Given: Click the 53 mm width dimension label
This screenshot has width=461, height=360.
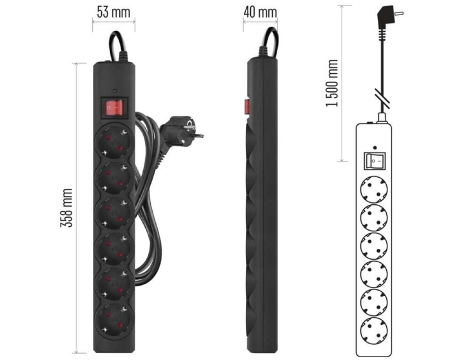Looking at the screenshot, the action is (x=113, y=12).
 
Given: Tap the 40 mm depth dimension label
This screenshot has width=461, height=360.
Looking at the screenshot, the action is (x=260, y=12).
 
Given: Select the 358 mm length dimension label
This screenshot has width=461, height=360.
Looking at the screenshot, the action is (x=67, y=208).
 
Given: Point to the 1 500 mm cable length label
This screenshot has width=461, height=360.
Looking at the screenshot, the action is (x=332, y=83).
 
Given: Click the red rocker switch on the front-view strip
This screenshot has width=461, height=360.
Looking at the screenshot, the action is (x=113, y=108).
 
